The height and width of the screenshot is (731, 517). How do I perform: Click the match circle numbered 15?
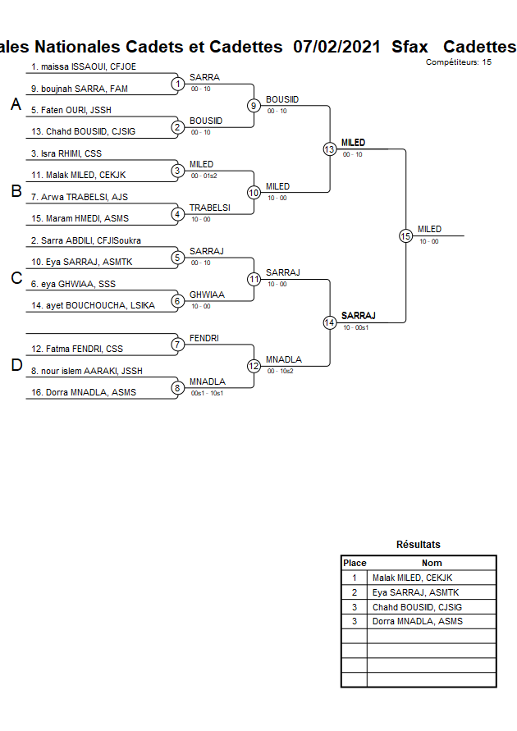[405, 235]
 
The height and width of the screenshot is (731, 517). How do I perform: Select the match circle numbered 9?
[254, 105]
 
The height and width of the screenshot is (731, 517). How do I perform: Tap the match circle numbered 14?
[329, 322]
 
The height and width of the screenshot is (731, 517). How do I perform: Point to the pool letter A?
[15, 105]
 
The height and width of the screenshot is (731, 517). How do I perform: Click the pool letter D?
[16, 366]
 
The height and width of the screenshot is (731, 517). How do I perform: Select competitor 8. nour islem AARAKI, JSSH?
[86, 371]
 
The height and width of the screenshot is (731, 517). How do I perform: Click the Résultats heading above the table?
[418, 545]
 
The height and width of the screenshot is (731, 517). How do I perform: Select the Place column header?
[355, 563]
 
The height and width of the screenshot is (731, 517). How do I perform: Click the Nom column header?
[432, 563]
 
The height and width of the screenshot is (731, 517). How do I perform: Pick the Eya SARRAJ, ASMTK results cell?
[415, 592]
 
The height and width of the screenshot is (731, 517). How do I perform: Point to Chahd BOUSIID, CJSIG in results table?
[417, 607]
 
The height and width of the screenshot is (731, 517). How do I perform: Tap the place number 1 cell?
[355, 578]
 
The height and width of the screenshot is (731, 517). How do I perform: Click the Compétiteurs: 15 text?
[459, 62]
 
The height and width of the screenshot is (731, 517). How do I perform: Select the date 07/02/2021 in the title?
[336, 47]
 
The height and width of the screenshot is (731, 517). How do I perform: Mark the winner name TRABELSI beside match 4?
[209, 208]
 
